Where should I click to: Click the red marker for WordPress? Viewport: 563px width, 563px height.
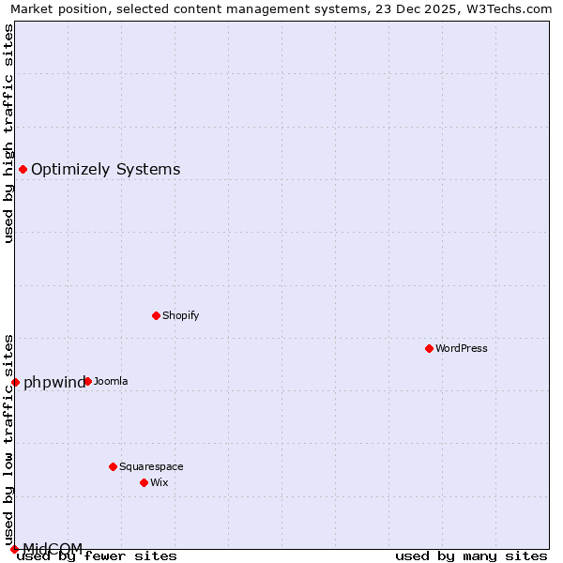click(x=429, y=348)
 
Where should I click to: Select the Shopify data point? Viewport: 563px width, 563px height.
click(x=156, y=315)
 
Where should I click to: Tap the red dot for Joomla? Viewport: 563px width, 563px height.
click(x=87, y=381)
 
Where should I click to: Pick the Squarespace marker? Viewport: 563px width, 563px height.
click(x=113, y=466)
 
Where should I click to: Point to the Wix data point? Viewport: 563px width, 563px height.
click(x=144, y=482)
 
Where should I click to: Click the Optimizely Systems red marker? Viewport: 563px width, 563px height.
click(x=23, y=169)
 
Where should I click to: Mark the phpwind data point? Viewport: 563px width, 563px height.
click(x=15, y=382)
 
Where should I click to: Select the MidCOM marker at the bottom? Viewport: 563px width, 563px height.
click(x=14, y=549)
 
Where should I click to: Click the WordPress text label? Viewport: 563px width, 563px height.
click(x=462, y=348)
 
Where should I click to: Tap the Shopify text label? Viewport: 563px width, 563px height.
click(x=181, y=315)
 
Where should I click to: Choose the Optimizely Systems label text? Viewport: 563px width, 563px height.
click(x=105, y=169)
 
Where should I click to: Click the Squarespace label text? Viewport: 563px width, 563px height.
click(x=151, y=466)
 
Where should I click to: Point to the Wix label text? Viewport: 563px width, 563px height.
click(x=159, y=482)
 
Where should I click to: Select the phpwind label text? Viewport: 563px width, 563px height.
click(x=53, y=382)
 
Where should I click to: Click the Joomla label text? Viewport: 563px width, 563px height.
click(x=111, y=381)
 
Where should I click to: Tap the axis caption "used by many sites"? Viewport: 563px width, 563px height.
click(x=471, y=555)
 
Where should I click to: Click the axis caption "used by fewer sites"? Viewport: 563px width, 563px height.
click(x=97, y=555)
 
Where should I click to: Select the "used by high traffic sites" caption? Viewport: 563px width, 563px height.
click(x=8, y=133)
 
